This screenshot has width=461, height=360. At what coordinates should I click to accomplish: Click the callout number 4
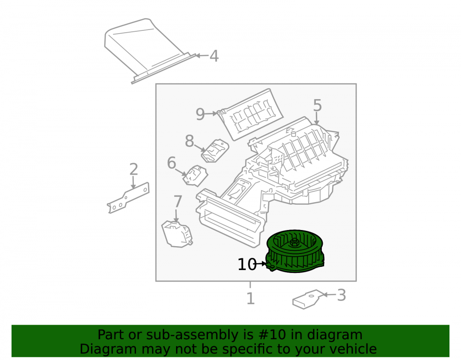tap(214, 56)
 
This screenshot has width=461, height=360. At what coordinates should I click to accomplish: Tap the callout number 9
tap(200, 114)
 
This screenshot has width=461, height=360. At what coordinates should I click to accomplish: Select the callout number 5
tap(317, 105)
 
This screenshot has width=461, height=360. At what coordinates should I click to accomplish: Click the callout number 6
tap(171, 163)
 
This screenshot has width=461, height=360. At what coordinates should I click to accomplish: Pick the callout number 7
tap(177, 201)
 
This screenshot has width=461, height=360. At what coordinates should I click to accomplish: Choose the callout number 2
tap(134, 169)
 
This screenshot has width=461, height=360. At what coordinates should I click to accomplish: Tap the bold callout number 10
tap(247, 265)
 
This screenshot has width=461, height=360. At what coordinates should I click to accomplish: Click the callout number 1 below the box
tap(250, 298)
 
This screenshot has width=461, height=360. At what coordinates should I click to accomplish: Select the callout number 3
tap(341, 295)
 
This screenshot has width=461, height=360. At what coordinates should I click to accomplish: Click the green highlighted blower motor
tap(295, 251)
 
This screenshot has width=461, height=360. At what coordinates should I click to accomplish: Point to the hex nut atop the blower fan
tap(294, 242)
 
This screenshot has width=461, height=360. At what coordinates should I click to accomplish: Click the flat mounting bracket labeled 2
tap(128, 198)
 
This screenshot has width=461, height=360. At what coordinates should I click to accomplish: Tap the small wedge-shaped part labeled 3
tap(307, 299)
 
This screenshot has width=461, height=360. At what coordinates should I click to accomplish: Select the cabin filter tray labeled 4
tap(149, 51)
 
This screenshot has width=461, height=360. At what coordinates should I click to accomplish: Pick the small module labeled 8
tap(215, 151)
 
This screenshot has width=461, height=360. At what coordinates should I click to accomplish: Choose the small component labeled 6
tap(195, 176)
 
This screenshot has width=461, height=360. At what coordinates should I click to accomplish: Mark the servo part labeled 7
tap(177, 234)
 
